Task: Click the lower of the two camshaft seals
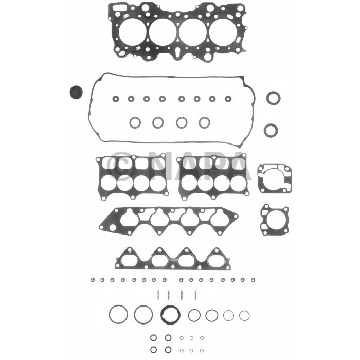(271, 130)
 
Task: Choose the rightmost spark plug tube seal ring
(204, 122)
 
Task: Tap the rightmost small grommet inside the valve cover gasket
(228, 98)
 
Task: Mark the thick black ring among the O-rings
(168, 313)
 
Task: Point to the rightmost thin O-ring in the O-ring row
(244, 315)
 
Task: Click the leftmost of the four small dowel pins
(156, 296)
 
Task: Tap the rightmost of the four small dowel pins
(195, 296)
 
